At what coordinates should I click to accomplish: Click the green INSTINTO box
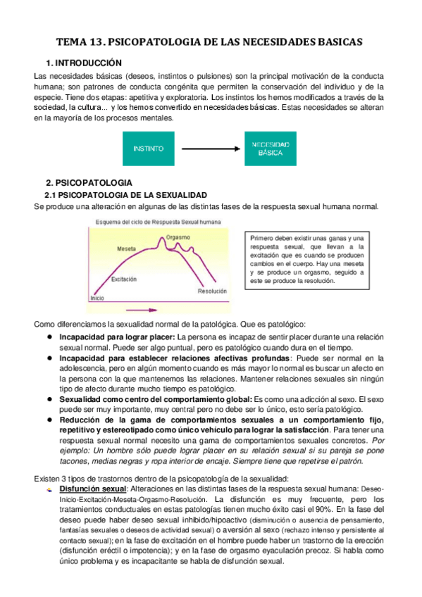point(148,149)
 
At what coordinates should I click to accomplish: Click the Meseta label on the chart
point(127,249)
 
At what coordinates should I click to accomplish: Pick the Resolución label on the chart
point(212,291)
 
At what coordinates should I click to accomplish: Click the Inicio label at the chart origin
point(97,298)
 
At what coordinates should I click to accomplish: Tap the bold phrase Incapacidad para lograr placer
point(118,337)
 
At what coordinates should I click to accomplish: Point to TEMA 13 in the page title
point(83,42)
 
